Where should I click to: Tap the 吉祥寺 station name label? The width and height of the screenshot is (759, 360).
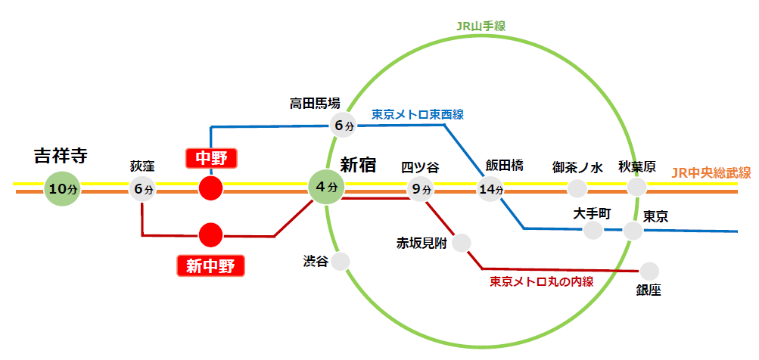[x=61, y=157]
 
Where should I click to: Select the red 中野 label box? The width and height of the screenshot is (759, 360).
[x=212, y=158]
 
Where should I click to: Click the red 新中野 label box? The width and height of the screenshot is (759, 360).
[x=210, y=265]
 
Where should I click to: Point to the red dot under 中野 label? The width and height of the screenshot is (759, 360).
[x=210, y=188]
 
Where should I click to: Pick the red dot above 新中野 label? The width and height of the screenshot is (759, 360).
[x=210, y=234]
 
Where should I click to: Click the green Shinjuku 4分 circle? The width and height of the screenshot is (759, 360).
[x=325, y=187]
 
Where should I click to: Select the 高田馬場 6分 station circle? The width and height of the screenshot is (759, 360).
[x=342, y=125]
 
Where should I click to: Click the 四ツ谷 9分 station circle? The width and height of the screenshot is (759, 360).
[x=421, y=188]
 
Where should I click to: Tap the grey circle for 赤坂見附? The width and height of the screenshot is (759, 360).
[x=461, y=243]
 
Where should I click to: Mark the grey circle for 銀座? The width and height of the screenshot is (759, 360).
[x=649, y=271]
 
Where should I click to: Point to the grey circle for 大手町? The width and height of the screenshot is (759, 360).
[x=593, y=230]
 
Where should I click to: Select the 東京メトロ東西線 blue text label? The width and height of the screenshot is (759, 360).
[x=417, y=114]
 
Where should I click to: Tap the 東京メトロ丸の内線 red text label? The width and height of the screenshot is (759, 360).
[x=540, y=281]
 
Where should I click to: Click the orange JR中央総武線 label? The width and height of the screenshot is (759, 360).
[x=711, y=173]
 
